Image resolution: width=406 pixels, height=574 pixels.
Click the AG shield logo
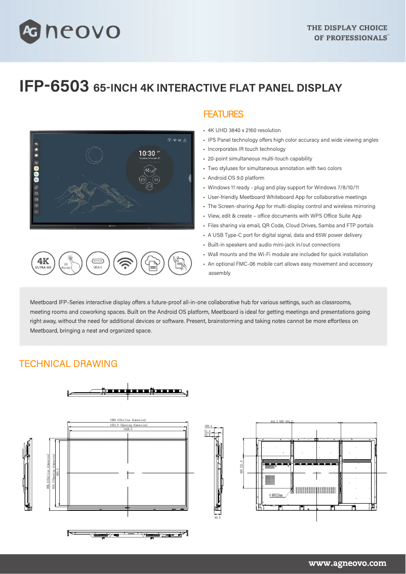click(x=30, y=31)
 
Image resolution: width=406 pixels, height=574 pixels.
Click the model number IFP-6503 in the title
click(x=54, y=87)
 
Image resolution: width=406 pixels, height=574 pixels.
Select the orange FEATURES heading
click(x=223, y=114)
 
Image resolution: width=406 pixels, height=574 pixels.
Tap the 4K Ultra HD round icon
click(x=43, y=263)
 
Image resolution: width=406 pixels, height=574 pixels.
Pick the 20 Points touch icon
click(x=70, y=263)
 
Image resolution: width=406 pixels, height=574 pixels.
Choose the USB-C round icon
click(x=98, y=263)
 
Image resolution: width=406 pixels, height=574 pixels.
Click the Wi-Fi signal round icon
click(x=125, y=263)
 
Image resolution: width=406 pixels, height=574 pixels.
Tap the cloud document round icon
click(x=152, y=263)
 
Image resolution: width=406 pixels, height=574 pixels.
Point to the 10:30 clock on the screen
click(x=147, y=153)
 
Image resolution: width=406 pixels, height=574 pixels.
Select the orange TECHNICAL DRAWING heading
click(x=68, y=364)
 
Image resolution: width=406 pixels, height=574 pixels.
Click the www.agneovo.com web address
click(x=347, y=563)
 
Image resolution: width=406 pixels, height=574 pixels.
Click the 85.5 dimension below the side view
click(x=218, y=518)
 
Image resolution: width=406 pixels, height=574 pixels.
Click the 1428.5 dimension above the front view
click(x=128, y=429)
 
